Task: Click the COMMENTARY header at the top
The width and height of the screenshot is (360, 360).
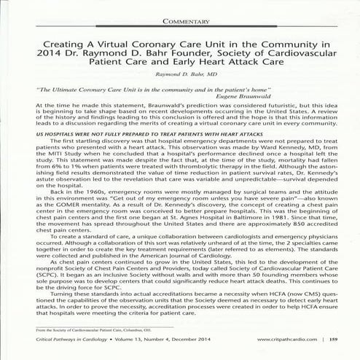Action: (179, 22)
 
